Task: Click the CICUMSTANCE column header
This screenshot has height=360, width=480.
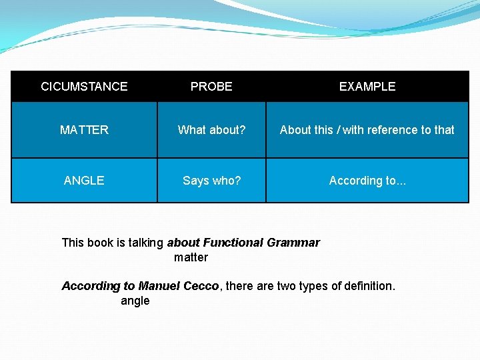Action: (84, 87)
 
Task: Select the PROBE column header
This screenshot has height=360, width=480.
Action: (211, 87)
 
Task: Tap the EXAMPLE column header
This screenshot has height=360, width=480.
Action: (367, 87)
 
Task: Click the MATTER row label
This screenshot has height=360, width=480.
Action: (84, 130)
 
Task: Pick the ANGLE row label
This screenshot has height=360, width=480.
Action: (84, 181)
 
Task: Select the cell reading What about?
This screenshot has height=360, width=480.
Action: (211, 130)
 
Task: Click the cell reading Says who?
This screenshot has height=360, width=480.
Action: (211, 181)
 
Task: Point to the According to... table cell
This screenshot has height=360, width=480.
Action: (367, 181)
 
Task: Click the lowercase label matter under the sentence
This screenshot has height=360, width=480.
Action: (191, 257)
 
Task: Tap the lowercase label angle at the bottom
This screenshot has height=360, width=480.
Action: (135, 301)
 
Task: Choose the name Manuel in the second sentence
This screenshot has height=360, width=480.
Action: (159, 286)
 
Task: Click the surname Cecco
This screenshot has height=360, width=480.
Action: (201, 286)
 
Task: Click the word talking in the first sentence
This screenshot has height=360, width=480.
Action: (145, 243)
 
